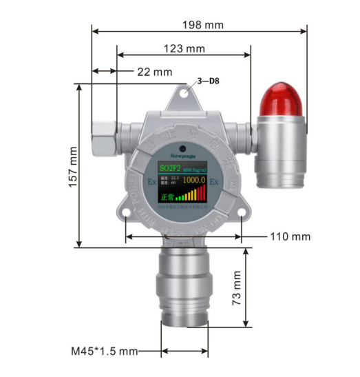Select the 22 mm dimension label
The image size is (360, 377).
(154, 72)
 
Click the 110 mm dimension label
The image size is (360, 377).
(289, 236)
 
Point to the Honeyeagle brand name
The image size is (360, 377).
(182, 156)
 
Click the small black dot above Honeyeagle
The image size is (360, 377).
(182, 148)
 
